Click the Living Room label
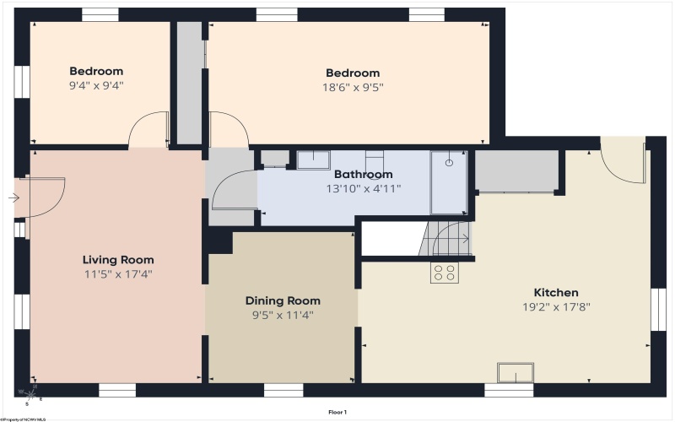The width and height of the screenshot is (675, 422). click(118, 260)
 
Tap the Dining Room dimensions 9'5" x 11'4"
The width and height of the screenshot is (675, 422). click(283, 315)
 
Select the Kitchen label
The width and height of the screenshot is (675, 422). click(556, 292)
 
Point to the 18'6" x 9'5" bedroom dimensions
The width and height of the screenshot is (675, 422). click(353, 88)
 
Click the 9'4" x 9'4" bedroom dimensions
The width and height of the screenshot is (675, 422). click(96, 85)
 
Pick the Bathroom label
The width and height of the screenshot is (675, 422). click(364, 174)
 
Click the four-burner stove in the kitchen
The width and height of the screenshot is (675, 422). click(445, 273)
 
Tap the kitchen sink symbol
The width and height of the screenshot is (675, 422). click(516, 372)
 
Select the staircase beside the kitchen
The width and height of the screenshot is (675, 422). click(445, 239)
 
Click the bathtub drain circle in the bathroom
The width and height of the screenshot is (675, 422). click(449, 163)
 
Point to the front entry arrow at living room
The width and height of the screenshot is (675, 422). click(13, 198)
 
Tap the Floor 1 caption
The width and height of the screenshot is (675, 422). click(337, 412)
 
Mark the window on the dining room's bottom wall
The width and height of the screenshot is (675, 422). click(283, 390)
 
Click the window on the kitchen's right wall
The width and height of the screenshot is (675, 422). click(658, 309)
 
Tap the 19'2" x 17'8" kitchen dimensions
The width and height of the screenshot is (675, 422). click(556, 307)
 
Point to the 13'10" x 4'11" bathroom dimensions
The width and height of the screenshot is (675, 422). click(364, 188)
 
